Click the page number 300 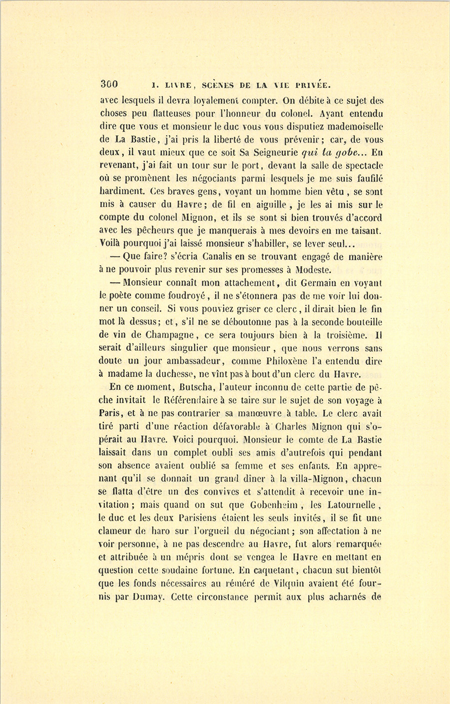click(109, 84)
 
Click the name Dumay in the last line click(146, 596)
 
